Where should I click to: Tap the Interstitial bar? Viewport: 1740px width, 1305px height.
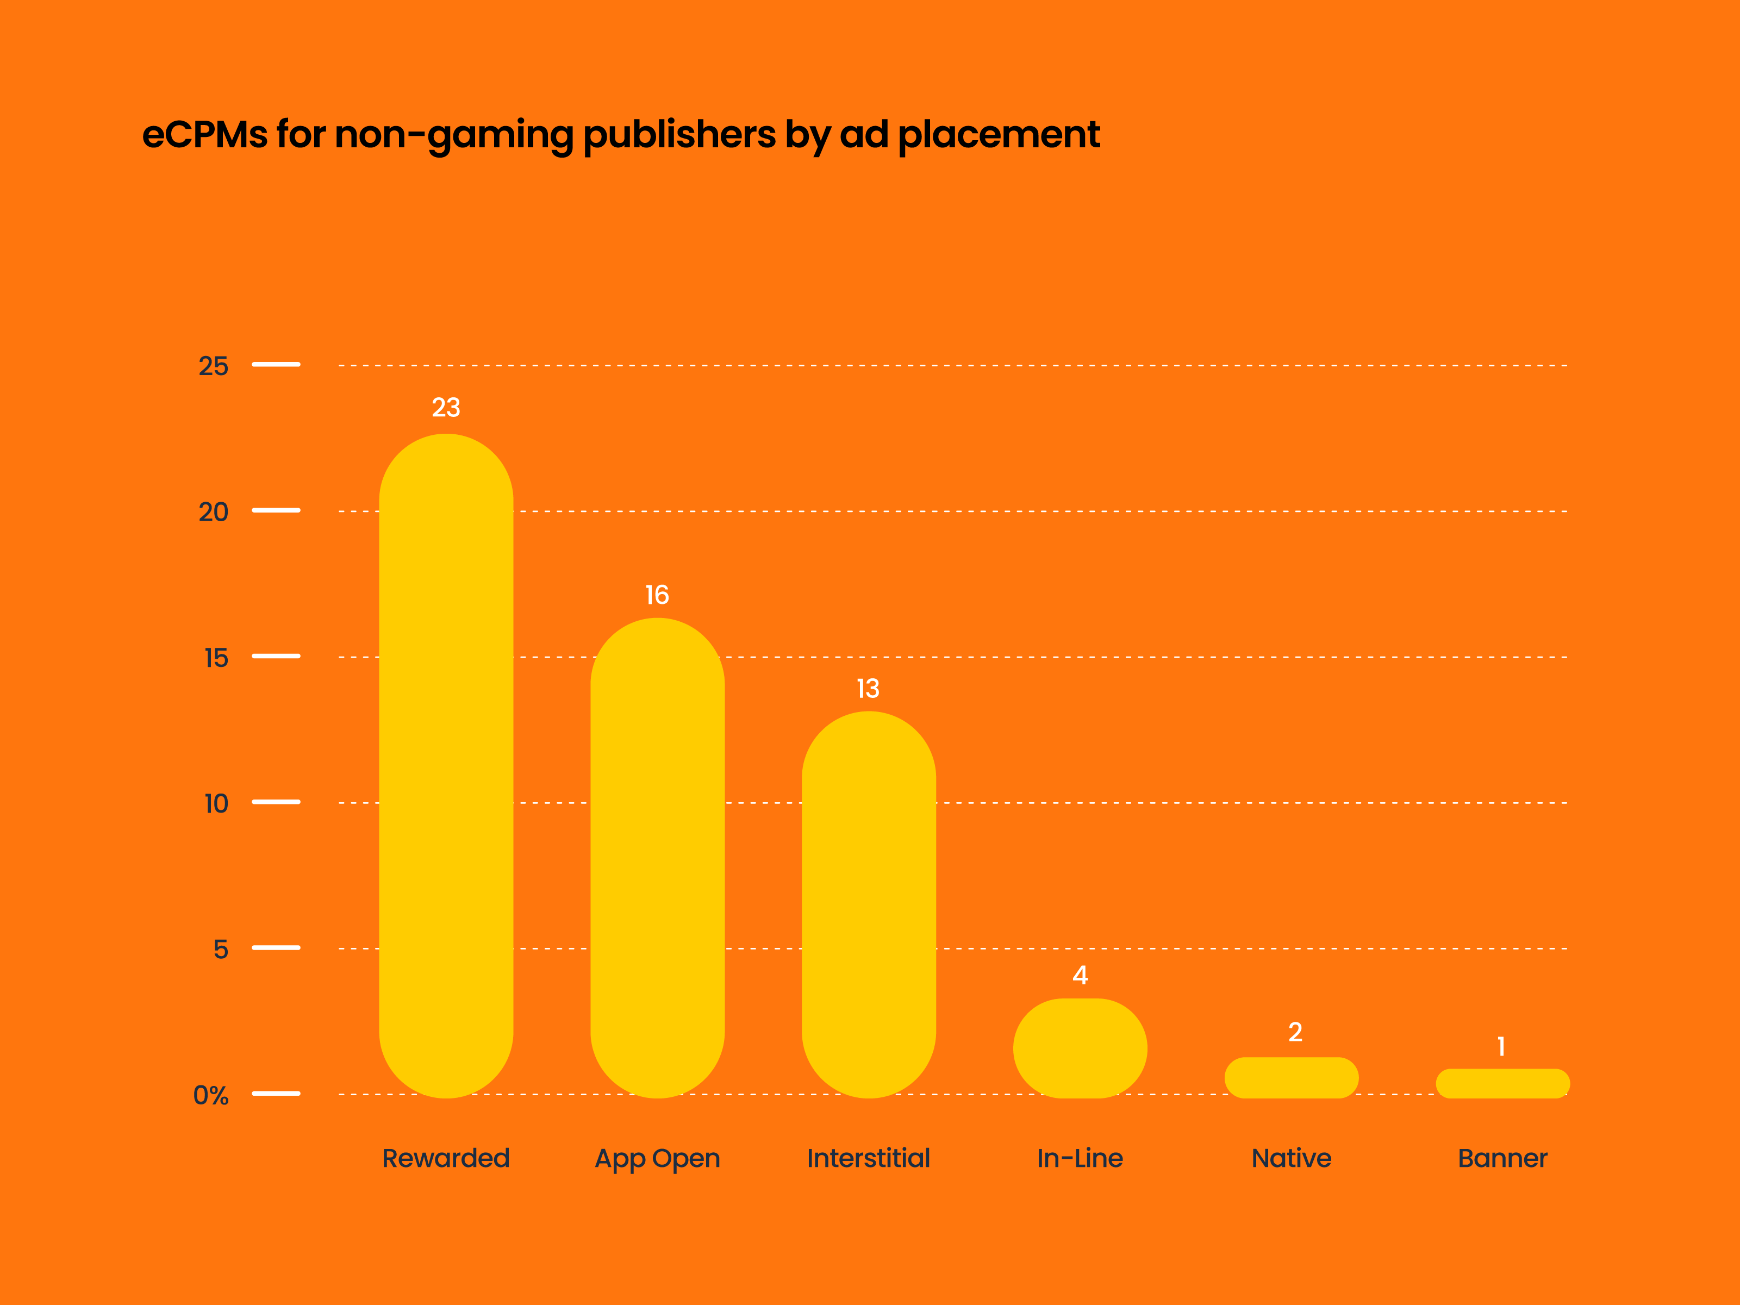click(x=869, y=904)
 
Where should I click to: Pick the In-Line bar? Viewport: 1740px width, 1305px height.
click(x=1080, y=1048)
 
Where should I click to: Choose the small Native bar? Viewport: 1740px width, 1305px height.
click(x=1291, y=1078)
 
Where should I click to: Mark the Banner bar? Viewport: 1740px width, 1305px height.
click(x=1502, y=1083)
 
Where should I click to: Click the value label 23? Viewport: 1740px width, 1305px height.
click(x=446, y=408)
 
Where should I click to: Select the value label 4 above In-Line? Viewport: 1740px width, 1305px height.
click(x=1080, y=976)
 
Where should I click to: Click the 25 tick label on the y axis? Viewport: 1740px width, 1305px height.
click(x=213, y=366)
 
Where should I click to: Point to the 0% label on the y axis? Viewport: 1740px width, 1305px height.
click(x=211, y=1095)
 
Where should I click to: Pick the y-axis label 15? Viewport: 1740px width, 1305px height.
click(x=216, y=658)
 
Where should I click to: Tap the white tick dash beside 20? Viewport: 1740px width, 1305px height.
click(x=276, y=510)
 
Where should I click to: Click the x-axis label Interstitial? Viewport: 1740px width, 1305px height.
click(x=869, y=1158)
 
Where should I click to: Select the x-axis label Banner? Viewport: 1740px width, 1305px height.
click(x=1502, y=1158)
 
